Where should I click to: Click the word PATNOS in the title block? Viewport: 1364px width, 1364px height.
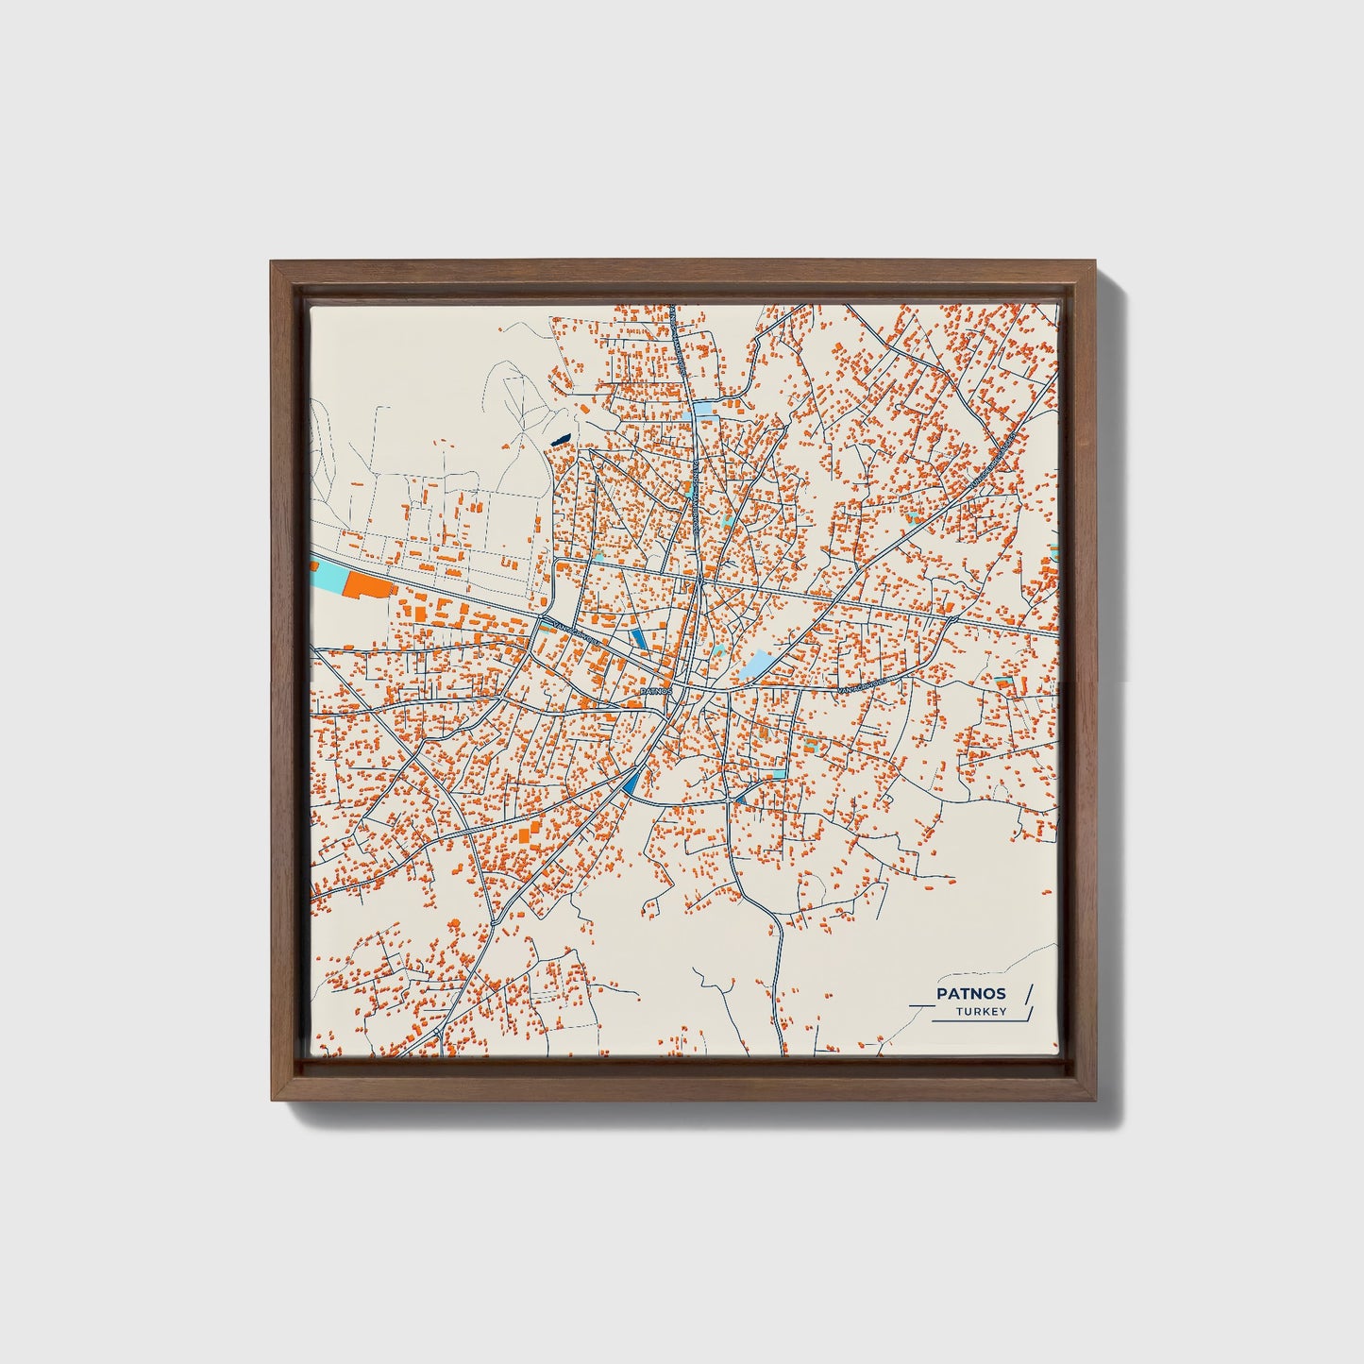970,993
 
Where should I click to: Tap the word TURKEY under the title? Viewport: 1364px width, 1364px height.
981,1012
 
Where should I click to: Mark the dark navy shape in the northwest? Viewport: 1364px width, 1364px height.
560,440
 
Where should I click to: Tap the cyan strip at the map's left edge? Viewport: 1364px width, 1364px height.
328,576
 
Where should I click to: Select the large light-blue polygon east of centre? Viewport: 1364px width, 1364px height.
757,665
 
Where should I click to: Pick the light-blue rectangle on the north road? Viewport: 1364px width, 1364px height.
704,411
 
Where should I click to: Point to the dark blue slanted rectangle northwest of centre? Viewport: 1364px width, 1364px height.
641,637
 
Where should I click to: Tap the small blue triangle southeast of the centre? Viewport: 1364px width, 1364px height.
740,800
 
